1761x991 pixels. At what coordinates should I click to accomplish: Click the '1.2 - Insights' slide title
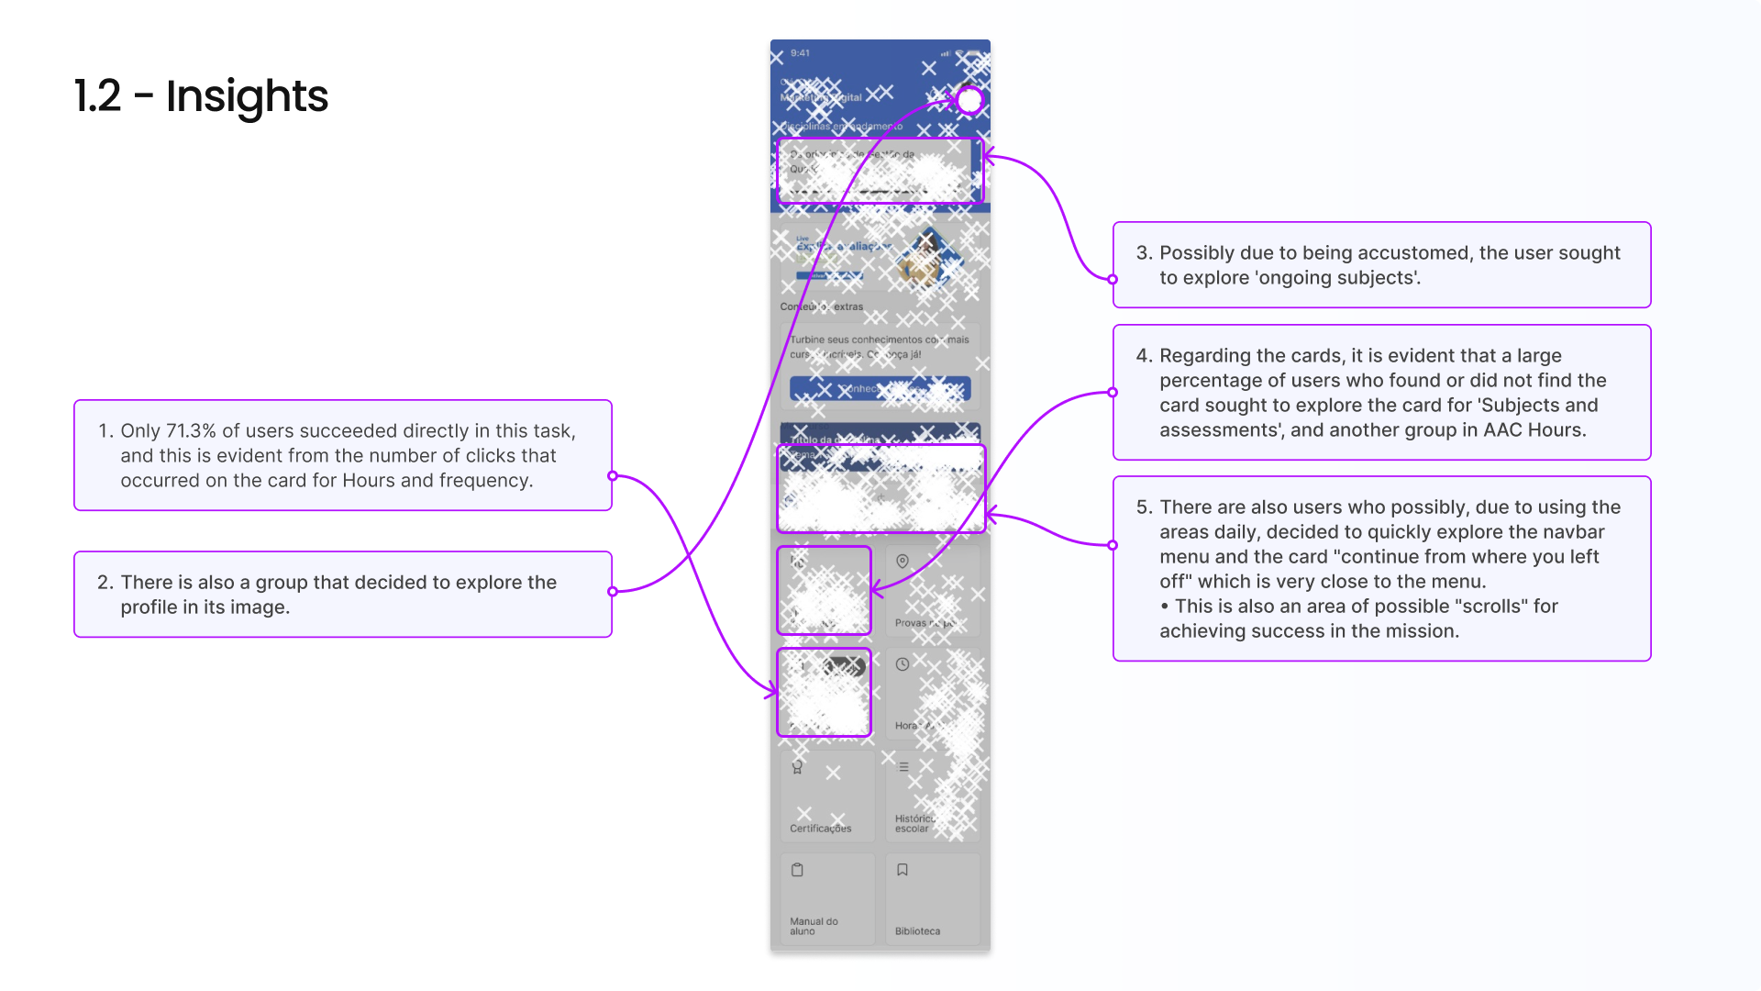[201, 96]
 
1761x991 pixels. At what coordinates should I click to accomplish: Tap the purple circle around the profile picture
[969, 100]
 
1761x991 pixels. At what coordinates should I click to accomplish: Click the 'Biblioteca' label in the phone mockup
[917, 931]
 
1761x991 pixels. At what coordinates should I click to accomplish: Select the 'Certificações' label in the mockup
[820, 829]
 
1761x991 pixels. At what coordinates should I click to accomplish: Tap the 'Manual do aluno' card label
[813, 926]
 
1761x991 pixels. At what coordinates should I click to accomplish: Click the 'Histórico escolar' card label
[914, 823]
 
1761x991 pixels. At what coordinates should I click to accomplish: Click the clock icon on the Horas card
[903, 664]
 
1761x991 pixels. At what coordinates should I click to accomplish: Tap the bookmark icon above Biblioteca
[903, 870]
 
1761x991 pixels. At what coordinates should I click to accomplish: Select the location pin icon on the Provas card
[903, 562]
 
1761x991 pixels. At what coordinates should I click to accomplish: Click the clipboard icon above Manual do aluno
[797, 870]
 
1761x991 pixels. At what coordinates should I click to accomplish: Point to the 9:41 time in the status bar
[800, 53]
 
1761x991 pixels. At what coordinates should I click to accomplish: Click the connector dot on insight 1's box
[613, 476]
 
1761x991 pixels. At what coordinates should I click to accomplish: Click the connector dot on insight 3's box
[1113, 280]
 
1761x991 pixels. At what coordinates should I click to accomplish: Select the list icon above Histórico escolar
[903, 767]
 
